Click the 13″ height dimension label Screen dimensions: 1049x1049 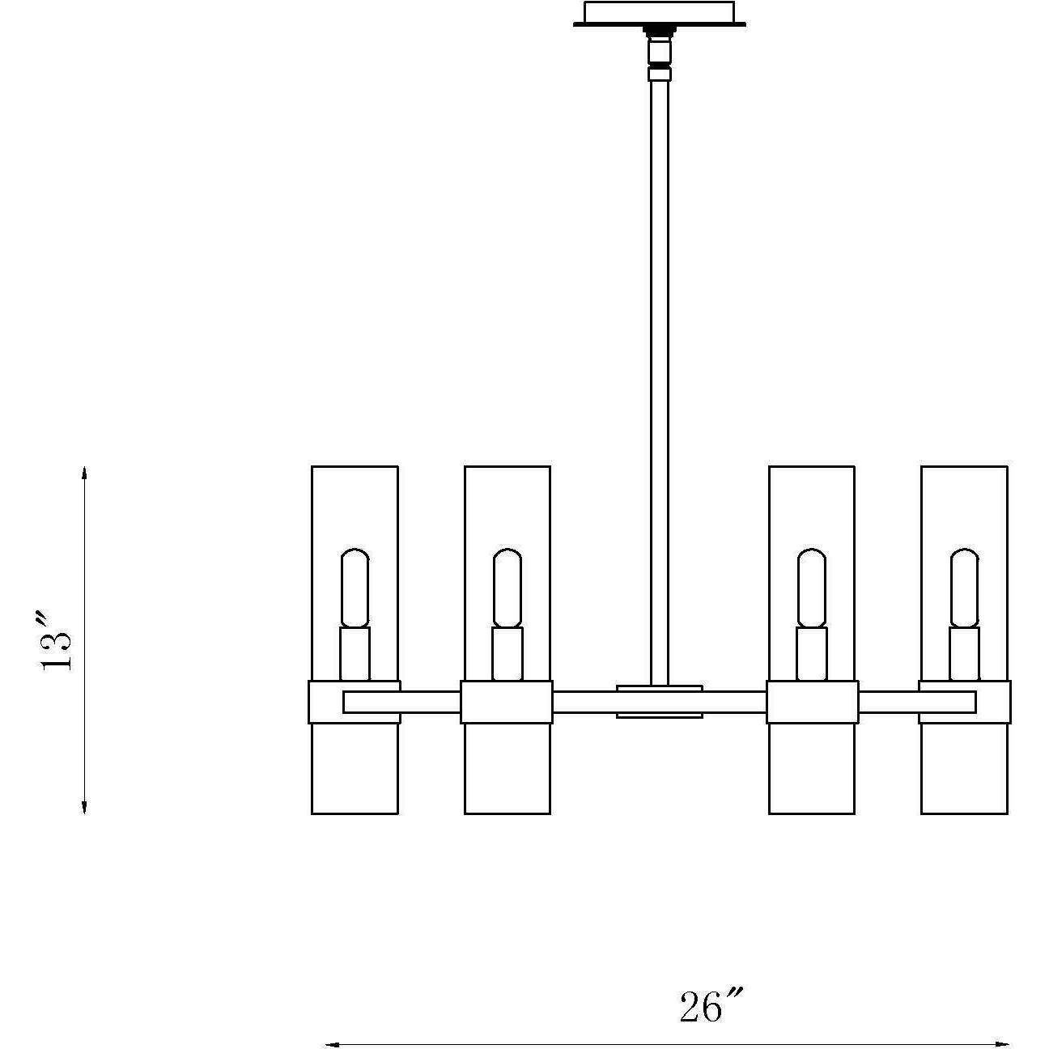[58, 639]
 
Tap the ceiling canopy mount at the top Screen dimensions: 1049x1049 [659, 14]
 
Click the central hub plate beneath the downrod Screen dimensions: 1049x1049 [659, 701]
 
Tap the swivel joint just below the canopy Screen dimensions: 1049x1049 [659, 50]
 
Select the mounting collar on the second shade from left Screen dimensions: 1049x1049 [507, 702]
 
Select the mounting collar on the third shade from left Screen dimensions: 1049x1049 [812, 702]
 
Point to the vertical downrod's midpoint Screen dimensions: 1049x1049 [659, 380]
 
